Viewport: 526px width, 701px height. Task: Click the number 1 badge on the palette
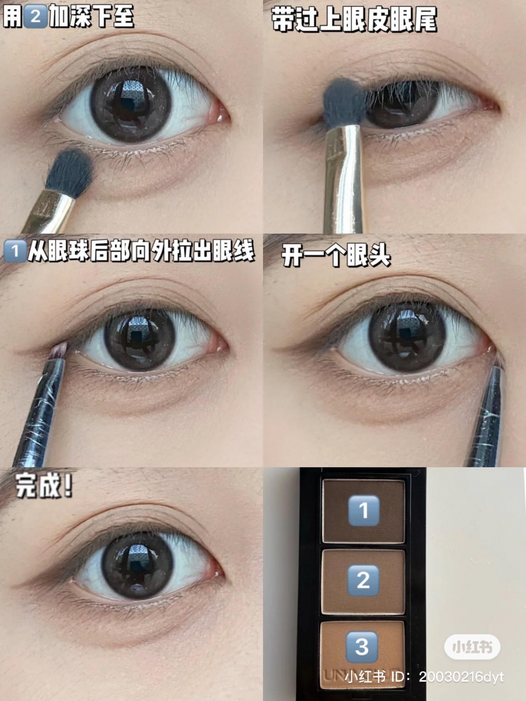coord(364,511)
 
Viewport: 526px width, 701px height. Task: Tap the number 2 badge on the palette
coord(364,580)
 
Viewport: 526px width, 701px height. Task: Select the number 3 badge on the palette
coord(362,647)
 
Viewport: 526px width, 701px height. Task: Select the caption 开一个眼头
coord(335,255)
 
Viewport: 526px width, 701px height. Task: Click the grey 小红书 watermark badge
coord(472,647)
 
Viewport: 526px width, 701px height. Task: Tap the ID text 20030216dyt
coord(462,677)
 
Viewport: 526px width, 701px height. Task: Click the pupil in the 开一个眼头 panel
coord(407,336)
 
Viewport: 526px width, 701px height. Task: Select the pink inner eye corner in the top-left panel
coord(221,112)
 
